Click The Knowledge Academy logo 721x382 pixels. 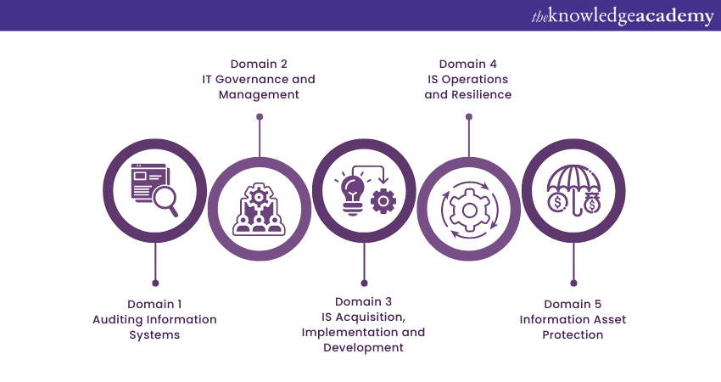pos(623,17)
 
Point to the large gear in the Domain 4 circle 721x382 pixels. pos(469,210)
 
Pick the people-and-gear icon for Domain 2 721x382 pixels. pos(259,210)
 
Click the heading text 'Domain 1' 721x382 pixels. pos(154,304)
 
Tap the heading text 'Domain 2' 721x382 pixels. pos(259,64)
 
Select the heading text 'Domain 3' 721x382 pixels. pos(363,302)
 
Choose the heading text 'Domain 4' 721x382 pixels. pos(468,64)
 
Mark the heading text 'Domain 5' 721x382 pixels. pos(573,304)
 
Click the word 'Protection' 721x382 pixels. pos(573,334)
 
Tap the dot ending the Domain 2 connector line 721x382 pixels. pos(260,117)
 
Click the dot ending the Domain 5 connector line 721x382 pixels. pos(573,283)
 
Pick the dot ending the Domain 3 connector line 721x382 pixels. pos(364,283)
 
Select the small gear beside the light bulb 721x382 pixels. pos(383,201)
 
